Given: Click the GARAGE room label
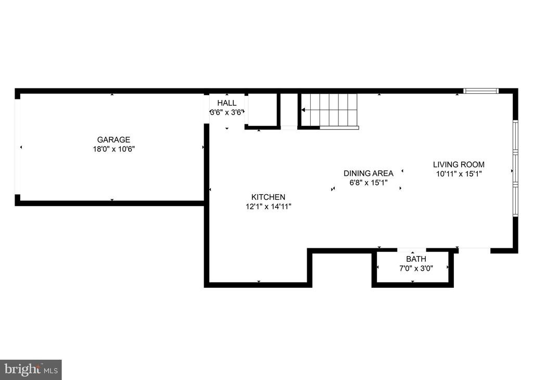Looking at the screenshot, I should pyautogui.click(x=113, y=140).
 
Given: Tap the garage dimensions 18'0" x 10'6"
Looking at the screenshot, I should pyautogui.click(x=113, y=149).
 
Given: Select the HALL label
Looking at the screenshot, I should pyautogui.click(x=226, y=103).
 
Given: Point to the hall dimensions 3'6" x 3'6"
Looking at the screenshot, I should pyautogui.click(x=226, y=112).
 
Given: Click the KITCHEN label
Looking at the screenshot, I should pyautogui.click(x=268, y=197).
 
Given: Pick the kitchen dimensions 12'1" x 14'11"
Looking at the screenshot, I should pyautogui.click(x=268, y=206).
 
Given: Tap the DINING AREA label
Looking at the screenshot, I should pyautogui.click(x=369, y=173).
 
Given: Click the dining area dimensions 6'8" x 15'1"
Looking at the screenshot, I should pyautogui.click(x=369, y=183).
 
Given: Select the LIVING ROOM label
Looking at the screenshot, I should pyautogui.click(x=459, y=164).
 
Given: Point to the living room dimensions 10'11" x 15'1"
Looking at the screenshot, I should pyautogui.click(x=459, y=174).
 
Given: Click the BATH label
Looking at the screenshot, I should pyautogui.click(x=416, y=259).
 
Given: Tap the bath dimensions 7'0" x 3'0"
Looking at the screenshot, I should pyautogui.click(x=416, y=268).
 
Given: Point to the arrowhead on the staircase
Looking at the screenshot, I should pyautogui.click(x=303, y=110).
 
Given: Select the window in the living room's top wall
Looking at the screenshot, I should pyautogui.click(x=481, y=91).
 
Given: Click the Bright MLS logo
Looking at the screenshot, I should pyautogui.click(x=31, y=369).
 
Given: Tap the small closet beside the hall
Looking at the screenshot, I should pyautogui.click(x=262, y=110).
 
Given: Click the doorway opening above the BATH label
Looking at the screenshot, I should pyautogui.click(x=412, y=250).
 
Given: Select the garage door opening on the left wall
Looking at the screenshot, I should pyautogui.click(x=17, y=147).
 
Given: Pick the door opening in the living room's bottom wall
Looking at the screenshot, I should pyautogui.click(x=474, y=250).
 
